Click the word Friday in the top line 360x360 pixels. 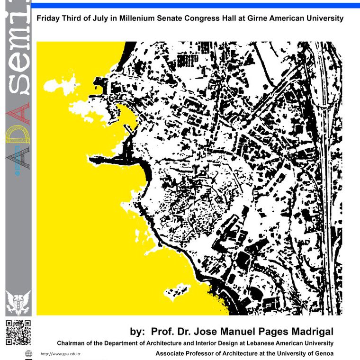(x=48, y=19)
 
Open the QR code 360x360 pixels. (x=18, y=333)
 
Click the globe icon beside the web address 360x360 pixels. (x=28, y=353)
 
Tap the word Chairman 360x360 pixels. (x=72, y=343)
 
